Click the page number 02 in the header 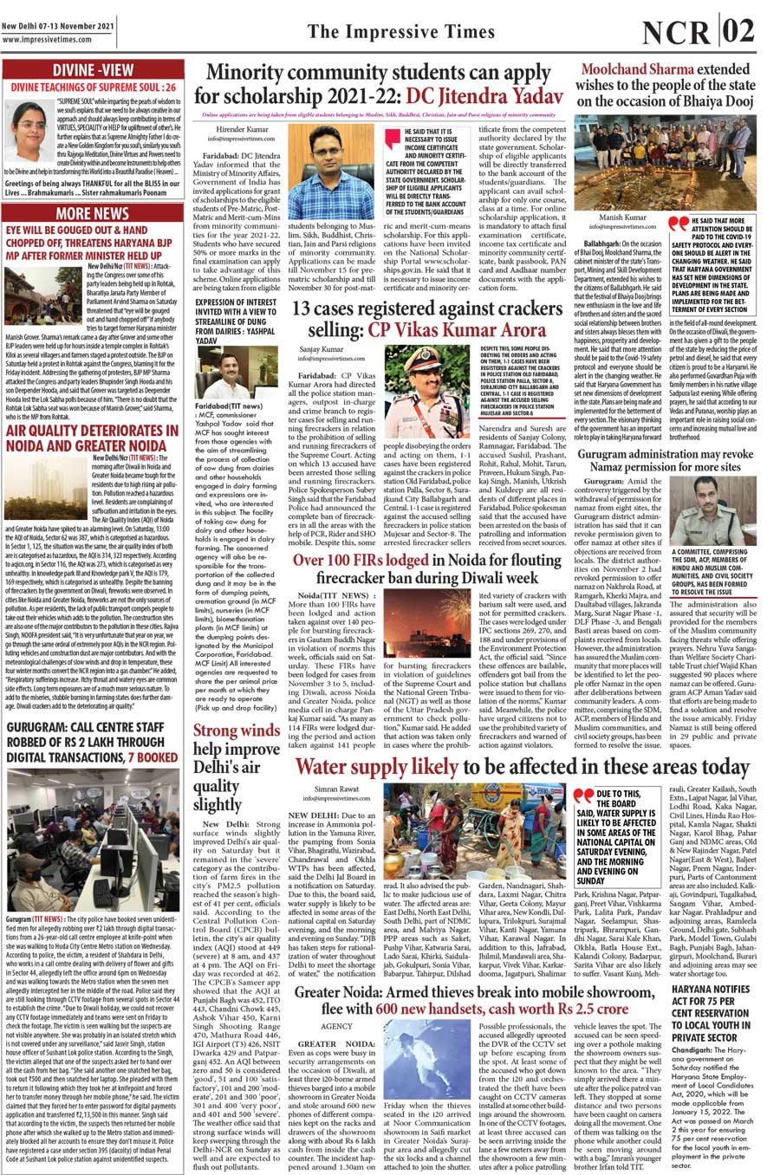pyautogui.click(x=738, y=31)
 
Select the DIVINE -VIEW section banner pyautogui.click(x=93, y=70)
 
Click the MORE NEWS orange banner pyautogui.click(x=92, y=213)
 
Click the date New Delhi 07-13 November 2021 pyautogui.click(x=58, y=26)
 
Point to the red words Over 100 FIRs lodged pyautogui.click(x=361, y=560)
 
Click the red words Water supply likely pyautogui.click(x=378, y=767)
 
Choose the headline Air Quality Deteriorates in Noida pyautogui.click(x=92, y=438)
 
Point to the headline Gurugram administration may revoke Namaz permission pyautogui.click(x=665, y=459)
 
